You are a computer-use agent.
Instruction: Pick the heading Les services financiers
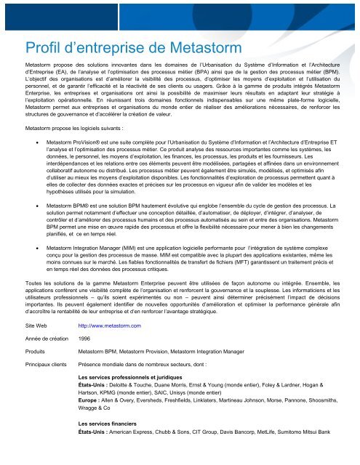[113, 442]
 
